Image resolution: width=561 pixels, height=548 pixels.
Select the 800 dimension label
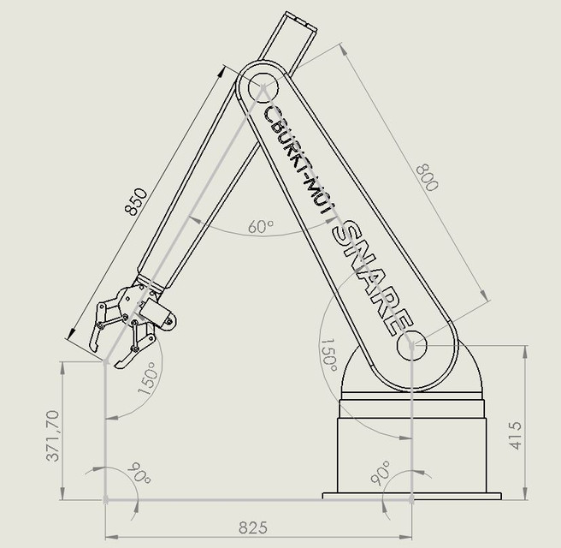click(x=425, y=176)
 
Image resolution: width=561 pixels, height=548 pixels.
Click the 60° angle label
click(x=261, y=227)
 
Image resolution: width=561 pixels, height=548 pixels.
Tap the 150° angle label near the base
click(x=328, y=356)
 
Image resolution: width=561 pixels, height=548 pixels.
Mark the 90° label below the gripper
click(x=136, y=474)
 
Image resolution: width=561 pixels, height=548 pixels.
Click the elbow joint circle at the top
click(x=263, y=88)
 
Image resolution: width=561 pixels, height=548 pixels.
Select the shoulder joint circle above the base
click(x=410, y=345)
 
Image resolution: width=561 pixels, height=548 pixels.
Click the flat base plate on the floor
click(x=410, y=495)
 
